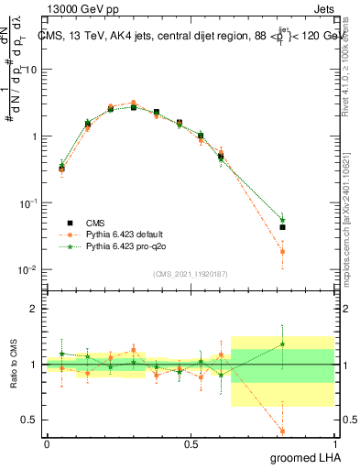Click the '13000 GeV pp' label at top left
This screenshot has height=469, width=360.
[75, 8]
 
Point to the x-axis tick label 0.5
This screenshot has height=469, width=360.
[191, 443]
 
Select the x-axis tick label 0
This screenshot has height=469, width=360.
[47, 443]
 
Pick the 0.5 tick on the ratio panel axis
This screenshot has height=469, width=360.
[31, 420]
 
